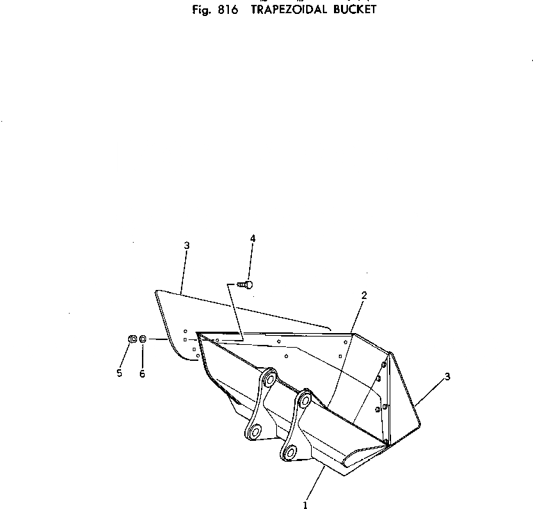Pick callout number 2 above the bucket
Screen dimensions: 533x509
pyautogui.click(x=364, y=296)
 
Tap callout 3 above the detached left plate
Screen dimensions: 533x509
pyautogui.click(x=186, y=245)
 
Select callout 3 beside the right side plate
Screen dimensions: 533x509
pyautogui.click(x=447, y=377)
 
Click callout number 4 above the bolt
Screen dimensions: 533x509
pyautogui.click(x=253, y=239)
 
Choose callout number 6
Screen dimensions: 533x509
pyautogui.click(x=143, y=373)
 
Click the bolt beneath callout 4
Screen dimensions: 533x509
pyautogui.click(x=246, y=284)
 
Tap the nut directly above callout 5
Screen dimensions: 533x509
pyautogui.click(x=132, y=339)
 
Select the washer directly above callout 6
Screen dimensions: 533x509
pyautogui.click(x=143, y=339)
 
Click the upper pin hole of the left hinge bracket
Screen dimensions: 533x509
pyautogui.click(x=267, y=380)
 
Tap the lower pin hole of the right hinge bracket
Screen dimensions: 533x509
pyautogui.click(x=288, y=452)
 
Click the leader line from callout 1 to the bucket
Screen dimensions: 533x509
pyautogui.click(x=315, y=483)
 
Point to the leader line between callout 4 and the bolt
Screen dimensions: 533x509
pyautogui.click(x=251, y=261)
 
